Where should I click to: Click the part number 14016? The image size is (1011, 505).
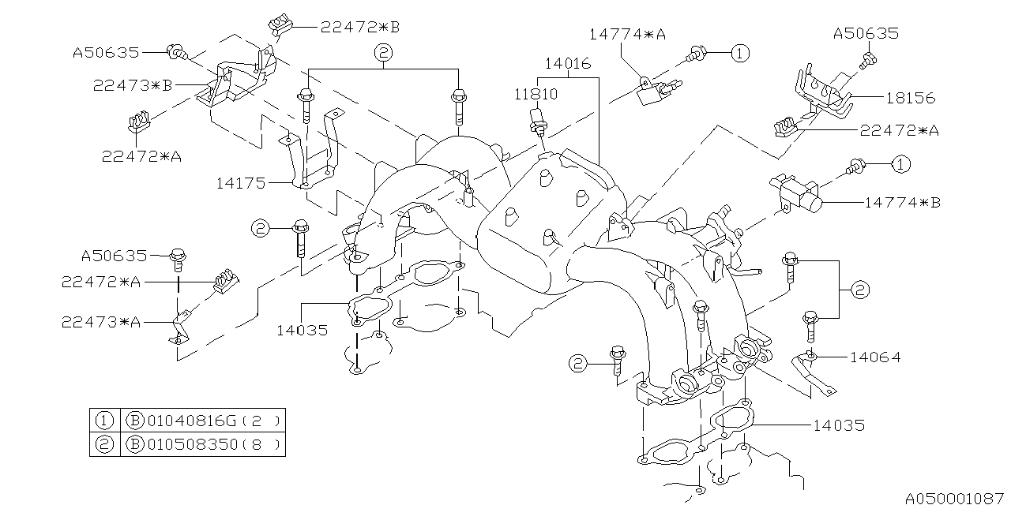click(x=567, y=64)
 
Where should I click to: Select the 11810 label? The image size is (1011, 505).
click(x=536, y=94)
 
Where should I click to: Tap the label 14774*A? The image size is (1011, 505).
click(x=627, y=34)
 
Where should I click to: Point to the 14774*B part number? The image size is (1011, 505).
click(x=902, y=203)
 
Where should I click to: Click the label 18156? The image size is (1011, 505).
click(x=911, y=98)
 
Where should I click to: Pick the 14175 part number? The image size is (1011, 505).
click(x=241, y=183)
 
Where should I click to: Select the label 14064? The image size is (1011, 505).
click(x=875, y=357)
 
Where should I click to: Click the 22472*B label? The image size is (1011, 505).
click(x=360, y=28)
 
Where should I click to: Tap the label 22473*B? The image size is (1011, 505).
click(x=133, y=85)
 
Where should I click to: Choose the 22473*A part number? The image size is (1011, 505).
click(x=101, y=323)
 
